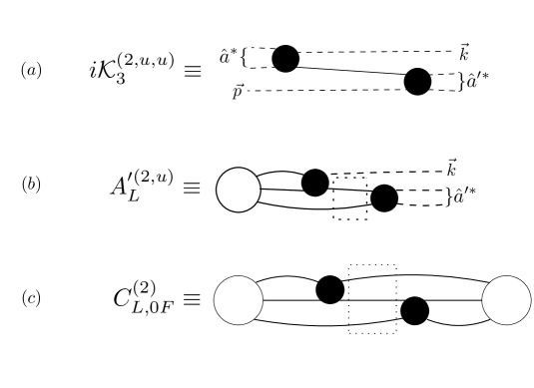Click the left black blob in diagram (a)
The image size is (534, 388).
click(x=285, y=59)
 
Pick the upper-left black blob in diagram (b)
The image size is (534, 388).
click(x=315, y=183)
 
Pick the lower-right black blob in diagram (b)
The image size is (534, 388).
click(x=382, y=200)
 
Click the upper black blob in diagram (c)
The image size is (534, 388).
click(x=330, y=289)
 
